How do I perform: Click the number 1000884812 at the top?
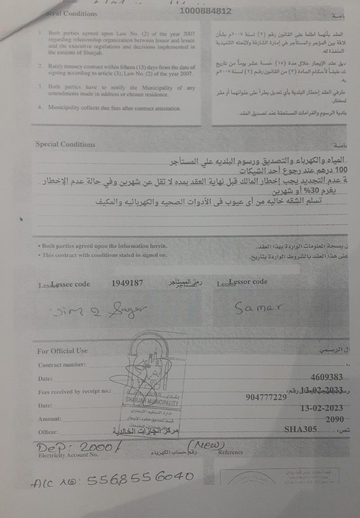point(205,11)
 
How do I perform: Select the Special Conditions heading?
point(65,144)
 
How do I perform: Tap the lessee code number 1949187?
point(127,283)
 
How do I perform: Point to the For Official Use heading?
point(62,351)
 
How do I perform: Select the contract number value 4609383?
point(326,378)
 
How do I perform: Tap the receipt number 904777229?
point(266,397)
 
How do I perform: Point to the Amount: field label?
point(50,419)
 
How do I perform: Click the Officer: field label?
point(48,432)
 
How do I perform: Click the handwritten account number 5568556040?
point(141,478)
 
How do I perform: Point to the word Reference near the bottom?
point(231,452)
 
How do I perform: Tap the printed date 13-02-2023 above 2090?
point(322,408)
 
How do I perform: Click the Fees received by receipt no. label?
point(75,392)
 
